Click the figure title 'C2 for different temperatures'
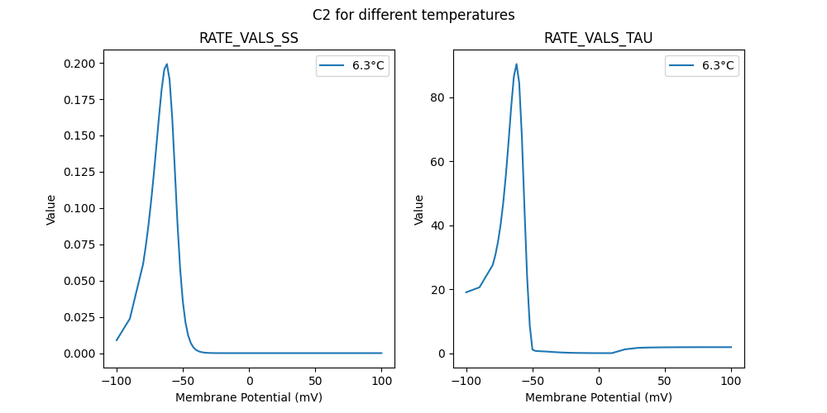pos(413,15)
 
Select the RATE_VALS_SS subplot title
pos(249,39)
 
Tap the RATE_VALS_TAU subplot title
pos(599,39)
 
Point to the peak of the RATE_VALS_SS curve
pos(167,64)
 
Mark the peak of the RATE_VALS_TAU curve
pos(517,64)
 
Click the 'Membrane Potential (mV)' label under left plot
pos(249,397)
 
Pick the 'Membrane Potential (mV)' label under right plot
pos(599,397)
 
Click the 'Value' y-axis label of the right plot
pos(419,210)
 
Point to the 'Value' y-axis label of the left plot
pos(51,210)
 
